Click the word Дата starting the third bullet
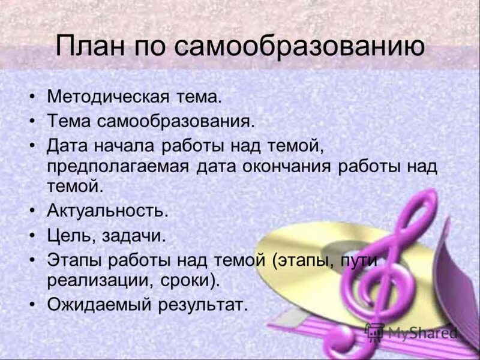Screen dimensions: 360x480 coord(68,145)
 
